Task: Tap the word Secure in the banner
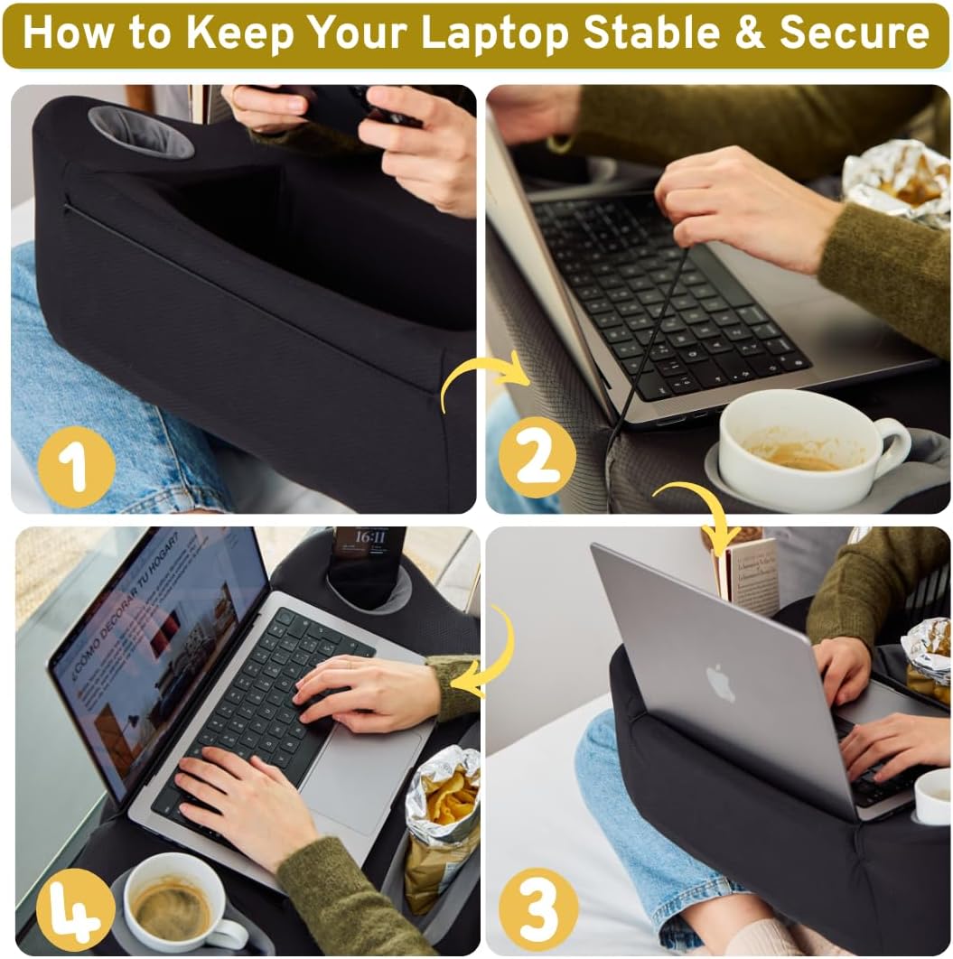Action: [x=854, y=33]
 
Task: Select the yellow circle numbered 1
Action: [x=76, y=467]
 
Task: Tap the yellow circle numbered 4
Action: [x=76, y=908]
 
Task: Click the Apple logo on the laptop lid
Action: [x=720, y=683]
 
